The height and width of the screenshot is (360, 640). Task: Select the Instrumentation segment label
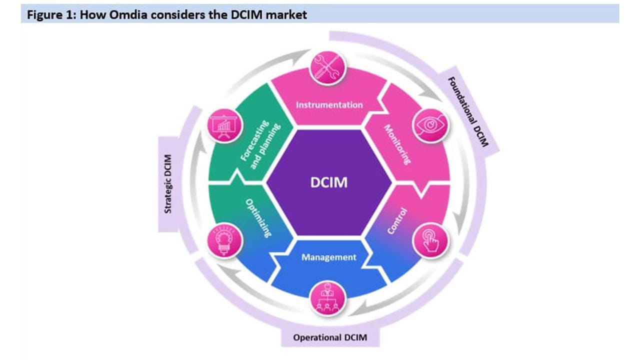[x=329, y=105]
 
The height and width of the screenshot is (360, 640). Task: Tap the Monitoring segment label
[x=397, y=144]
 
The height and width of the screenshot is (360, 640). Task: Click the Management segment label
[x=328, y=257]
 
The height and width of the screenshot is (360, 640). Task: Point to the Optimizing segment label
[x=258, y=218]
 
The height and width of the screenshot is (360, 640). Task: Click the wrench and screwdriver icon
[x=324, y=66]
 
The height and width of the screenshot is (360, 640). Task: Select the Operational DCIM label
[x=329, y=337]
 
